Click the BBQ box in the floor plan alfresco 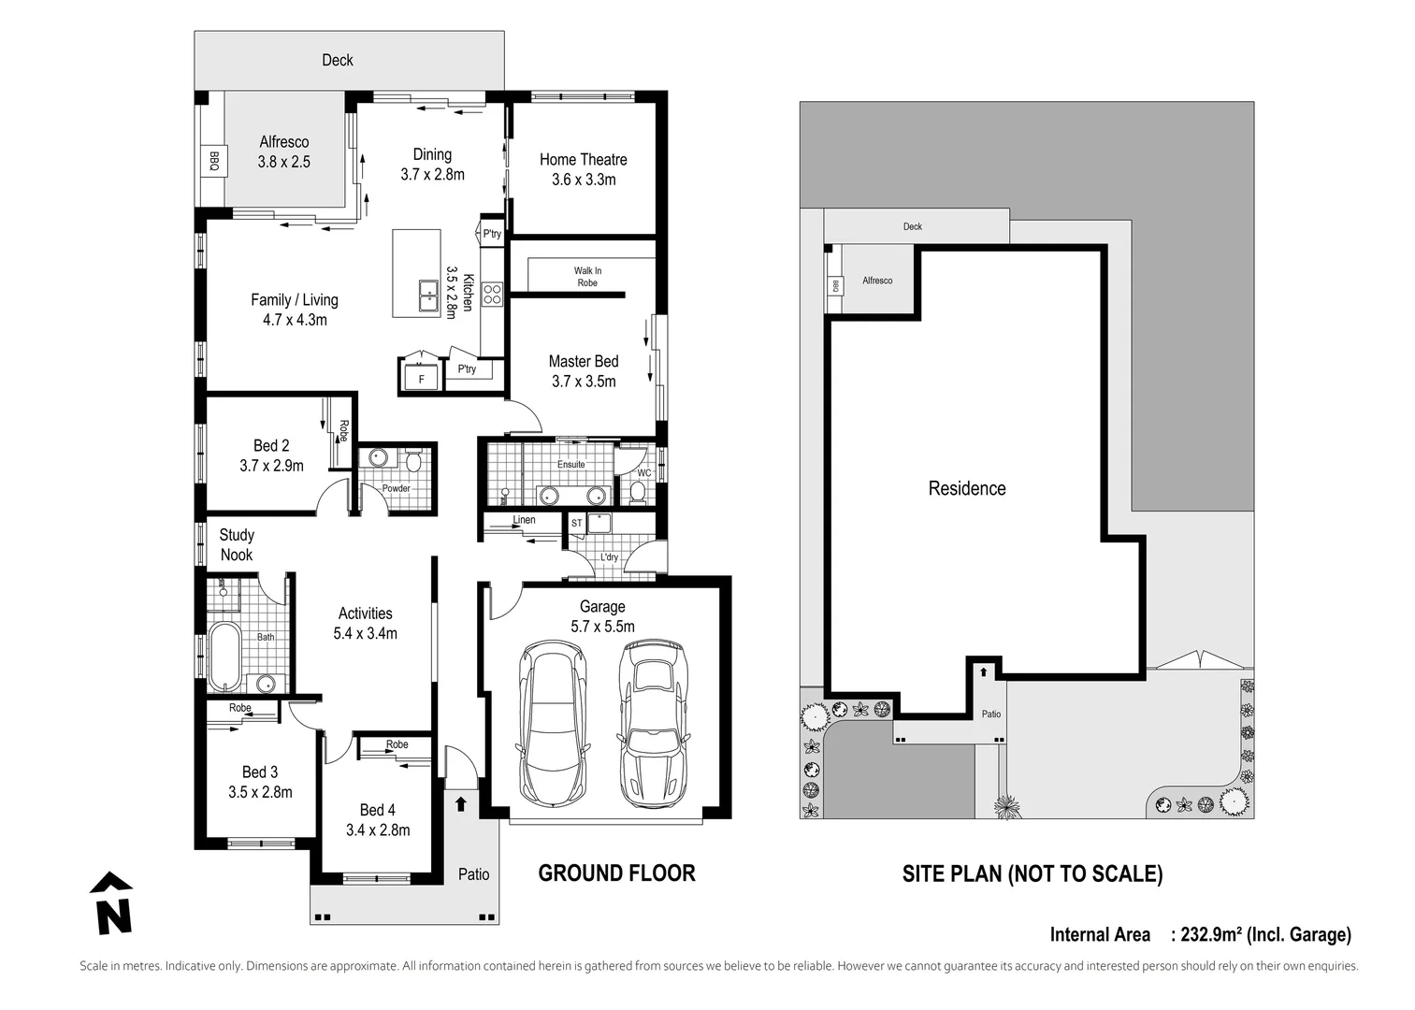pos(213,161)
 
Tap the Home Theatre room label pos(583,160)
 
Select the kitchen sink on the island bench pos(428,296)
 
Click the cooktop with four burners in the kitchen pos(493,294)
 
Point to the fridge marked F pos(421,379)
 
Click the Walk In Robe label pos(587,277)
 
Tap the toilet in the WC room pos(639,491)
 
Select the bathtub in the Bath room pos(224,655)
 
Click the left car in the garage pos(553,723)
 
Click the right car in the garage pos(653,723)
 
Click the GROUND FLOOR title pos(616,873)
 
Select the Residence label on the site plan pos(966,488)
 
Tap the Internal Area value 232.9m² pos(1211,934)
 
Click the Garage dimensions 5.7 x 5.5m pos(602,627)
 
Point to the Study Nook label pos(237,544)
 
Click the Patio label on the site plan pos(990,714)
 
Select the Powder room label pos(396,488)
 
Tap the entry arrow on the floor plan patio pos(460,803)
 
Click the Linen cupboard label pos(524,520)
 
